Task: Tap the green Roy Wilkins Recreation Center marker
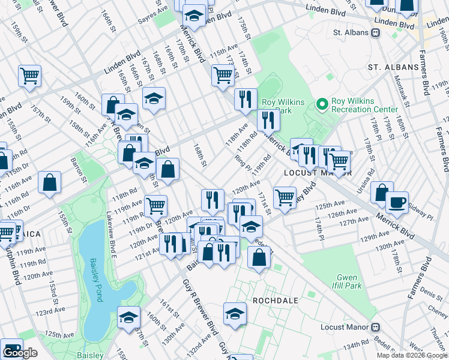[323, 104]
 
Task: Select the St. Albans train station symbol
[376, 32]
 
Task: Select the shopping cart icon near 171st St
[285, 197]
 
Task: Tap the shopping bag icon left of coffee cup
[381, 193]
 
